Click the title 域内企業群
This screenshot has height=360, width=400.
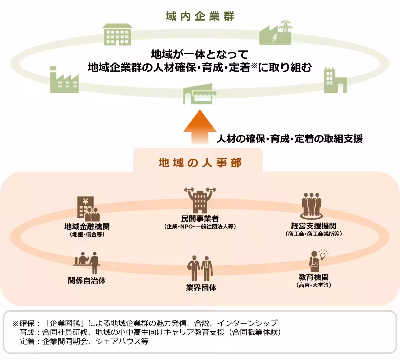click(x=200, y=16)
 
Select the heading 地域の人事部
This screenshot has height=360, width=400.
click(x=200, y=163)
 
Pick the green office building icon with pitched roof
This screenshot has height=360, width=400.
click(x=117, y=35)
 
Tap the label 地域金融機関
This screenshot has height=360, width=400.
click(x=87, y=227)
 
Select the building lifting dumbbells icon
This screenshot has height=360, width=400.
click(x=200, y=200)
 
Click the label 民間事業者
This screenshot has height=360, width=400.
click(x=200, y=219)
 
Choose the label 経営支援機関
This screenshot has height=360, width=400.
click(x=313, y=226)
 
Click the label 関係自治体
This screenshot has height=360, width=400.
click(x=87, y=281)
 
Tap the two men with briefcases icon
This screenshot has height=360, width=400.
click(x=200, y=268)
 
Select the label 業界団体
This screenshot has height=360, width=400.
click(x=201, y=288)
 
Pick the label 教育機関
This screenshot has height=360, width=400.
click(x=313, y=277)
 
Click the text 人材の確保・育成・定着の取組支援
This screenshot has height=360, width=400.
click(x=290, y=139)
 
